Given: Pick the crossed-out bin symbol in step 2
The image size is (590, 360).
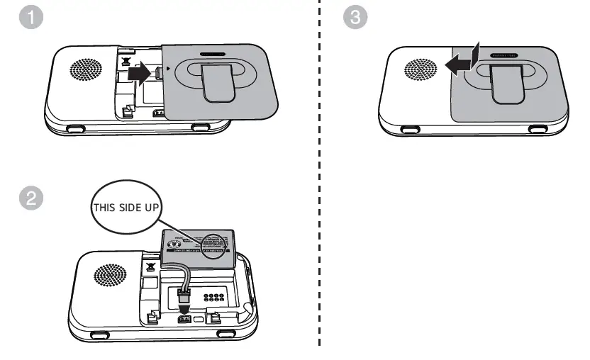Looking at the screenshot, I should tap(150, 268).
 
